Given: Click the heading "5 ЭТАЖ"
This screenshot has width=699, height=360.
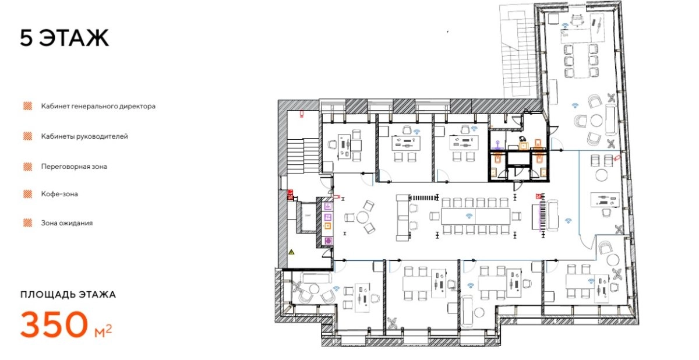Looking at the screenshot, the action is (x=65, y=38).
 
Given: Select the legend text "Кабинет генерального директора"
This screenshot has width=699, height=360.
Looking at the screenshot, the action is (x=98, y=106).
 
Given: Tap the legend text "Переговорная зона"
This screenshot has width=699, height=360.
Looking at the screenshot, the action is (x=74, y=167).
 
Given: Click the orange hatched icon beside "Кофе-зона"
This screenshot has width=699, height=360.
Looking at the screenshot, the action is (x=28, y=194).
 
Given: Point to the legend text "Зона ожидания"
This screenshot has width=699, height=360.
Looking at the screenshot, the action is (x=67, y=223).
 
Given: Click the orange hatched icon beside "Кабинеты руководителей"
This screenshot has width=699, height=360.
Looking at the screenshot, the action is (x=28, y=136).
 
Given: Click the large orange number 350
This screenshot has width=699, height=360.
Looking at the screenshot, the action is (x=54, y=324).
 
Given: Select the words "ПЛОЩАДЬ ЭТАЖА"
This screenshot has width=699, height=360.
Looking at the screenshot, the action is (x=68, y=295).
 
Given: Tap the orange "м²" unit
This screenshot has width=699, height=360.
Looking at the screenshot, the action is (x=103, y=331).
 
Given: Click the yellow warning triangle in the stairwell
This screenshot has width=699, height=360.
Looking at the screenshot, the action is (x=291, y=252).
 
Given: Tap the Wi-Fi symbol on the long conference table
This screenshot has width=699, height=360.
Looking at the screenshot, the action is (x=469, y=216).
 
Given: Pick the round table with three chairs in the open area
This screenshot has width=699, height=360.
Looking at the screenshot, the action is (x=362, y=217).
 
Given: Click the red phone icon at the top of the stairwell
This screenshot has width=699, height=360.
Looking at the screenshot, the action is (x=302, y=114).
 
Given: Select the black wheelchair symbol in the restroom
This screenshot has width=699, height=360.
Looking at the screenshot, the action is (x=521, y=139).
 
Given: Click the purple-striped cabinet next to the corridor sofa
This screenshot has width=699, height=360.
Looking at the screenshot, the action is (x=543, y=216).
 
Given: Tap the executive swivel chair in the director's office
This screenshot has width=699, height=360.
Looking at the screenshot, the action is (x=577, y=20).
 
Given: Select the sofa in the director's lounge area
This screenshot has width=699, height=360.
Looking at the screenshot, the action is (x=610, y=119).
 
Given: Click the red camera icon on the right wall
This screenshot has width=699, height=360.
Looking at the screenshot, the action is (x=616, y=158).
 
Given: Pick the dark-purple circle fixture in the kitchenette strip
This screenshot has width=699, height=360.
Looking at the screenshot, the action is (x=328, y=241).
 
